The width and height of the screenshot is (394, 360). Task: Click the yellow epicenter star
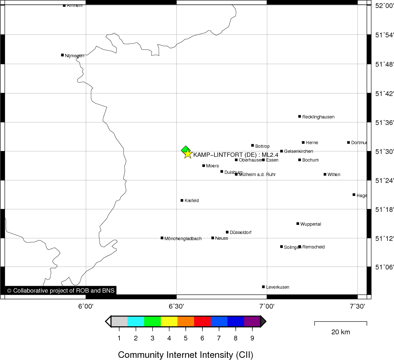click(x=187, y=154)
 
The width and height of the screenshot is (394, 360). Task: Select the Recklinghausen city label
click(x=318, y=117)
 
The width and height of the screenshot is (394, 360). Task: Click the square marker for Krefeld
click(x=182, y=200)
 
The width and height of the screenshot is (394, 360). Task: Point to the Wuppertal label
click(x=311, y=224)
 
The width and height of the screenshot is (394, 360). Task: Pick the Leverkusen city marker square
click(x=263, y=287)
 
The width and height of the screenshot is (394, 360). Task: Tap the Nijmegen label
click(x=75, y=56)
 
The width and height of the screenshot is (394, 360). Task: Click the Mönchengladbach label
click(x=183, y=239)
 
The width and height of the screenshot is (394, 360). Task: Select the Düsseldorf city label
click(x=240, y=233)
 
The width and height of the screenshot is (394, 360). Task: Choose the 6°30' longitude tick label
click(x=176, y=306)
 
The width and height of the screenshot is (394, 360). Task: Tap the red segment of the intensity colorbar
click(x=202, y=321)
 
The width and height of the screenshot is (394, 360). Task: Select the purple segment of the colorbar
click(x=252, y=321)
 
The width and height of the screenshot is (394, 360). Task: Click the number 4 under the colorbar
click(x=169, y=338)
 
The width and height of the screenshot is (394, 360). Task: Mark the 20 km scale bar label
click(x=340, y=332)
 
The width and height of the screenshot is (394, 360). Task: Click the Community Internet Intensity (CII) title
click(x=185, y=355)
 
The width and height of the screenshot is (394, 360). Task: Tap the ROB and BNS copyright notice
click(x=61, y=290)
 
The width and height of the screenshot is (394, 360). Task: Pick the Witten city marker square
click(x=325, y=174)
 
